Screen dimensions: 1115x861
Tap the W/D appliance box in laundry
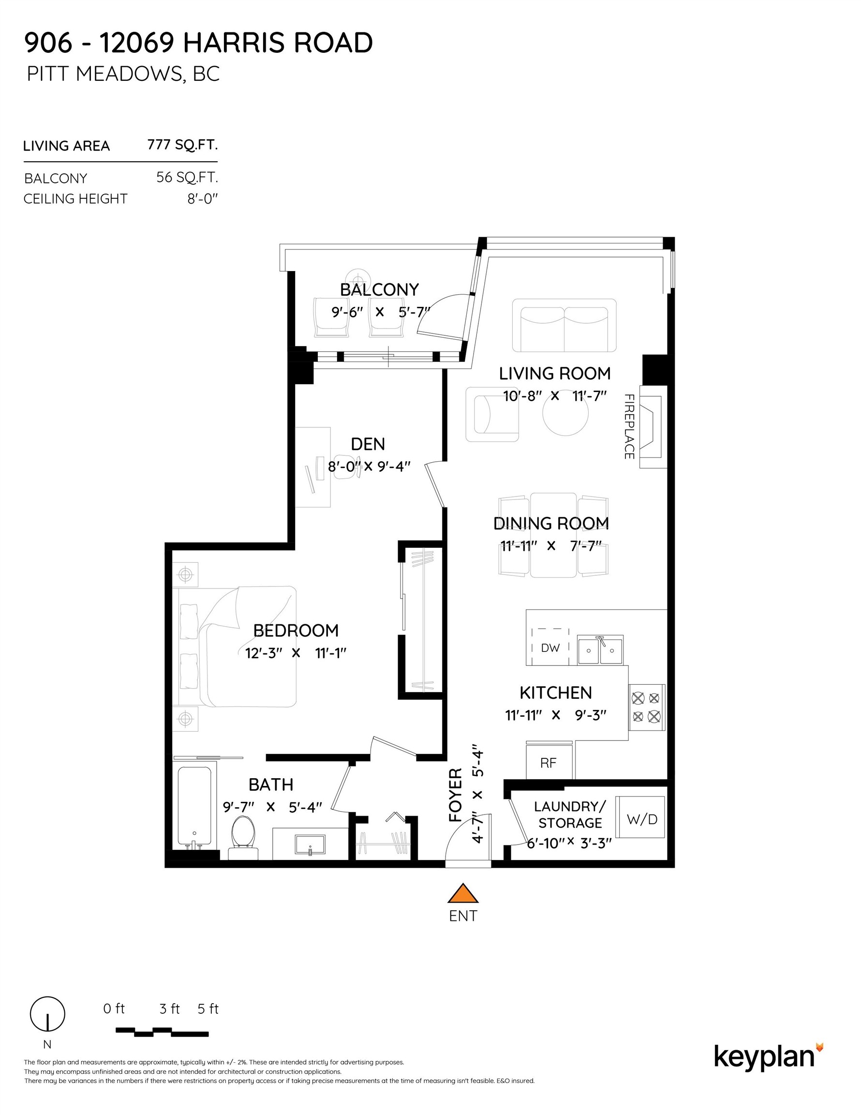coord(641,819)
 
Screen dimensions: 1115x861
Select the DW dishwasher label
coord(550,648)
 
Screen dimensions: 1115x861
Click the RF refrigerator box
coord(549,763)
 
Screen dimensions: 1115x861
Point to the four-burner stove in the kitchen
coord(646,707)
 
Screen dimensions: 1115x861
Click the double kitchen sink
coord(600,650)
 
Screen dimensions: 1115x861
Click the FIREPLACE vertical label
coord(629,426)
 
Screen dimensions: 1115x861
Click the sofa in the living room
coord(564,326)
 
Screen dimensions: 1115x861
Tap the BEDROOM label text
coord(296,631)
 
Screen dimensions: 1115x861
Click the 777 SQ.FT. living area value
coord(182,145)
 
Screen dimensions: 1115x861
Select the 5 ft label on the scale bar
coord(208,1009)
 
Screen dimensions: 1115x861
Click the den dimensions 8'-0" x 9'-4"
coord(369,467)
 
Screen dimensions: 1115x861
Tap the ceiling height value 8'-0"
coord(202,198)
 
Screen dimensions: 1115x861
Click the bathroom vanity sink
coord(310,844)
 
